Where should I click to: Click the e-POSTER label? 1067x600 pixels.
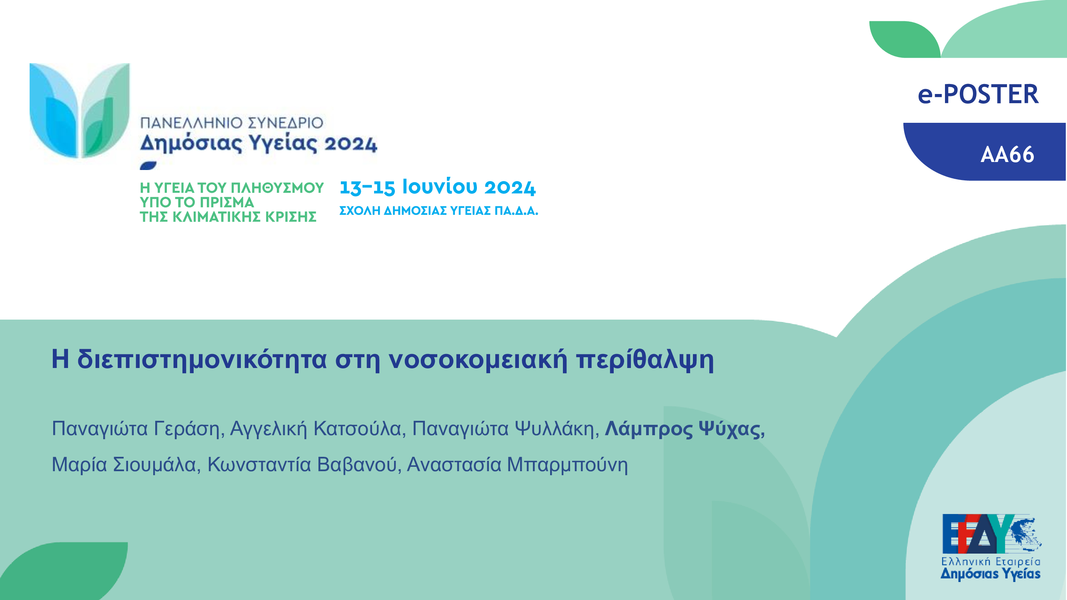pos(978,94)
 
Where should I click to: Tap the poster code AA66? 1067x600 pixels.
pos(1007,155)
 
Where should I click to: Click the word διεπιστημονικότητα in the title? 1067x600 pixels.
pos(202,360)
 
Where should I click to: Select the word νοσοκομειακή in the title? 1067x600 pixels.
pos(478,360)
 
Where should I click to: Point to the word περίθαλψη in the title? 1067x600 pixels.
pos(645,360)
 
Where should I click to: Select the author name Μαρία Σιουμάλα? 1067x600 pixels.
pos(124,464)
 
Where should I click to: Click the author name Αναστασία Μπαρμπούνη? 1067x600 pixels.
pos(517,464)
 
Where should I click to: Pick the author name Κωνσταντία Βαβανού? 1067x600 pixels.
pos(302,464)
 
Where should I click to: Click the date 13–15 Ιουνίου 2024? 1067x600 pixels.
pos(437,187)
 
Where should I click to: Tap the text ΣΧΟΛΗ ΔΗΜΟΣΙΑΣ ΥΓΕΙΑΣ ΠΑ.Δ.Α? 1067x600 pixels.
pos(438,211)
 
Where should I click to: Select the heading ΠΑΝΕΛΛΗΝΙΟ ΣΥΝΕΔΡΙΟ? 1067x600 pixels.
pos(232,123)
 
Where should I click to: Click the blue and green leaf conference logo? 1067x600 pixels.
pos(80,110)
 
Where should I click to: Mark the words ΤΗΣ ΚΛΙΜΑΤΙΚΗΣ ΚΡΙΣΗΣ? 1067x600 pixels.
pos(228,217)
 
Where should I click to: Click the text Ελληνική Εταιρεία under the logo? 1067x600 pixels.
pos(991,562)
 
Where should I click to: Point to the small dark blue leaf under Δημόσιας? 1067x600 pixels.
pos(148,166)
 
